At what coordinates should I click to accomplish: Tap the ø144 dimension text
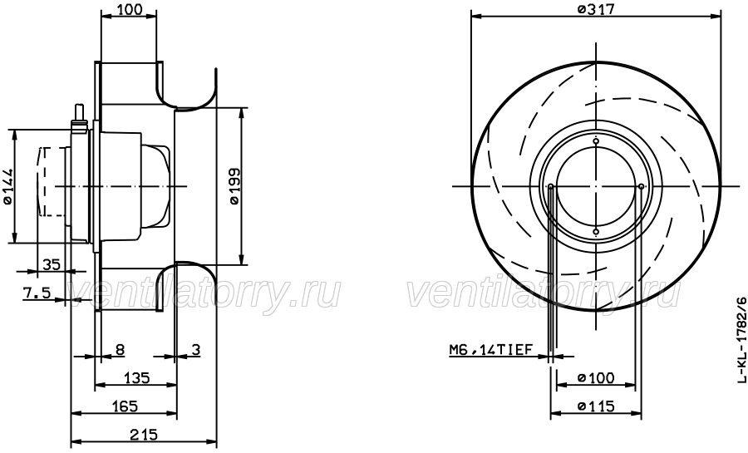point(7,187)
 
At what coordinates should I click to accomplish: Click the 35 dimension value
point(51,265)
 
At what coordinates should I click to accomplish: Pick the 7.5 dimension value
point(37,293)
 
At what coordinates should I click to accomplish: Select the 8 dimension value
point(121,351)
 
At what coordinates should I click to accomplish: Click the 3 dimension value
point(195,351)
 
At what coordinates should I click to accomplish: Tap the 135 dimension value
point(135,379)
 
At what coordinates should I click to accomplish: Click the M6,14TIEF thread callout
point(490,351)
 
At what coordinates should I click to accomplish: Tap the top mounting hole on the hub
point(596,142)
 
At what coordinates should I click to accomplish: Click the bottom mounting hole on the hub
point(596,230)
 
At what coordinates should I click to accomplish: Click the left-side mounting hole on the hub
point(551,186)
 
